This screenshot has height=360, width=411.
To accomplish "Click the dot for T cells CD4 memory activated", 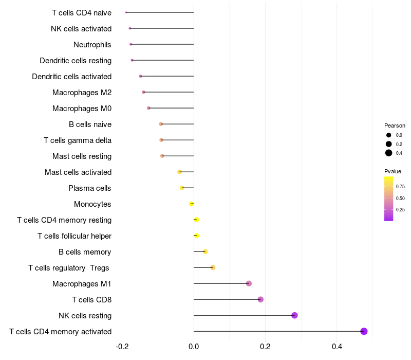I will [x=364, y=331].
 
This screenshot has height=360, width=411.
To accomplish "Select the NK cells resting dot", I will [x=294, y=315].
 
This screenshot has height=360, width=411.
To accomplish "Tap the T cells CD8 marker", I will [x=260, y=299].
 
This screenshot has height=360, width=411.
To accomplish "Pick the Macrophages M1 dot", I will [x=249, y=283].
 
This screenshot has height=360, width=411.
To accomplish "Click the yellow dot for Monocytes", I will [x=191, y=204].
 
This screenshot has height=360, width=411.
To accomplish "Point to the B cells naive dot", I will [x=161, y=124].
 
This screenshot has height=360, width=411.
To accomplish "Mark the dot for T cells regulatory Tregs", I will [x=213, y=267].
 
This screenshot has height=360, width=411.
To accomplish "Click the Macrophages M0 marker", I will [x=148, y=108].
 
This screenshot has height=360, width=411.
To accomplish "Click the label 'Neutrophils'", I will [x=92, y=45].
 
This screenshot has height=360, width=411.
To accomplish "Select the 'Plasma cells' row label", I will [x=90, y=188].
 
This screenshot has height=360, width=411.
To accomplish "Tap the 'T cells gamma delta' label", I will [x=78, y=140].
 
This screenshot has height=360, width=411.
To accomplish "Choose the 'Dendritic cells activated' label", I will [x=71, y=77].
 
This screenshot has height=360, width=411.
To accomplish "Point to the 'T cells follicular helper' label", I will [x=74, y=236].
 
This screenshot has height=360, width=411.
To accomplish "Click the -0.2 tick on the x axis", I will [x=122, y=347].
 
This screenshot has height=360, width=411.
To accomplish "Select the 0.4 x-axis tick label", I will [x=337, y=347].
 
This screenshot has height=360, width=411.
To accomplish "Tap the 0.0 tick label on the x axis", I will [x=194, y=347].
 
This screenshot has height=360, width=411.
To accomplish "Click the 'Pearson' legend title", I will [x=395, y=125].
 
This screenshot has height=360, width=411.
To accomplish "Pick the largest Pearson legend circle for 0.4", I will [x=389, y=153].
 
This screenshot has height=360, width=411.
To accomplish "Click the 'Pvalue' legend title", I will [x=393, y=171].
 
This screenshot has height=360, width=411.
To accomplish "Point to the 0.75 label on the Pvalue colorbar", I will [x=400, y=187].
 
